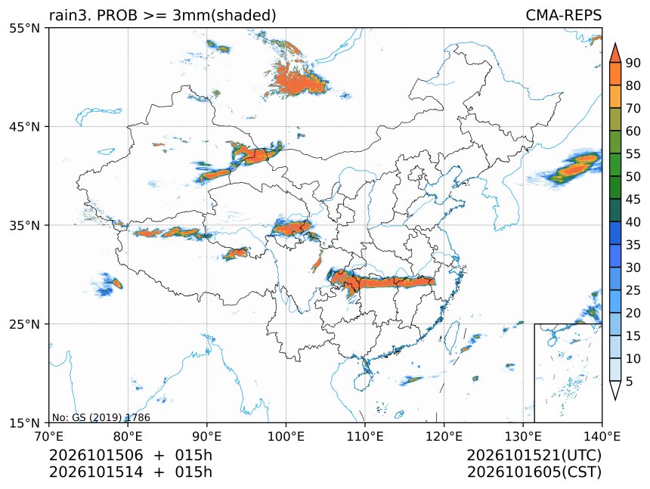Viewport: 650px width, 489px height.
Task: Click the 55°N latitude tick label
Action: tap(24, 28)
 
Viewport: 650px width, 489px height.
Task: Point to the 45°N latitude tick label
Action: tap(24, 126)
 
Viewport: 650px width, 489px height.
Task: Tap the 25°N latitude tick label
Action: tap(24, 323)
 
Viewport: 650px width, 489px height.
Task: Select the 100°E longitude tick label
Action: tap(286, 436)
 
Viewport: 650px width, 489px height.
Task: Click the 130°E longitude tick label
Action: tap(523, 436)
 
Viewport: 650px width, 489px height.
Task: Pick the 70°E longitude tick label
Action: tap(49, 436)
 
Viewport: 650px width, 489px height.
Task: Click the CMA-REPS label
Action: tap(563, 15)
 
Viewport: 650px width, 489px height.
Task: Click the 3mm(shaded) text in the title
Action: tap(224, 16)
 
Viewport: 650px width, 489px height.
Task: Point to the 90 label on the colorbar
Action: tap(633, 63)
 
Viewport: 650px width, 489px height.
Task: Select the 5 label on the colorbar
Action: tap(630, 381)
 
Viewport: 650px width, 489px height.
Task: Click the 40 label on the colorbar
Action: tap(633, 222)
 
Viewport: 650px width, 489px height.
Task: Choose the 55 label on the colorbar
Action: tap(633, 153)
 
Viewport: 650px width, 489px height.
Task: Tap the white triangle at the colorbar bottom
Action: tap(615, 389)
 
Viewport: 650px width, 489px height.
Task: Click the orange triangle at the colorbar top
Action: tap(615, 54)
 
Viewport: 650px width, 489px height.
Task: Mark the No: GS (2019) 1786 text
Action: tap(101, 417)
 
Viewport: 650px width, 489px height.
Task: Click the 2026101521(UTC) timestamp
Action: tap(534, 455)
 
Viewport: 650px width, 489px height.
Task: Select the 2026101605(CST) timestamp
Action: tap(534, 472)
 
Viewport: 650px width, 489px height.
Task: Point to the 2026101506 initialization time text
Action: tap(96, 455)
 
